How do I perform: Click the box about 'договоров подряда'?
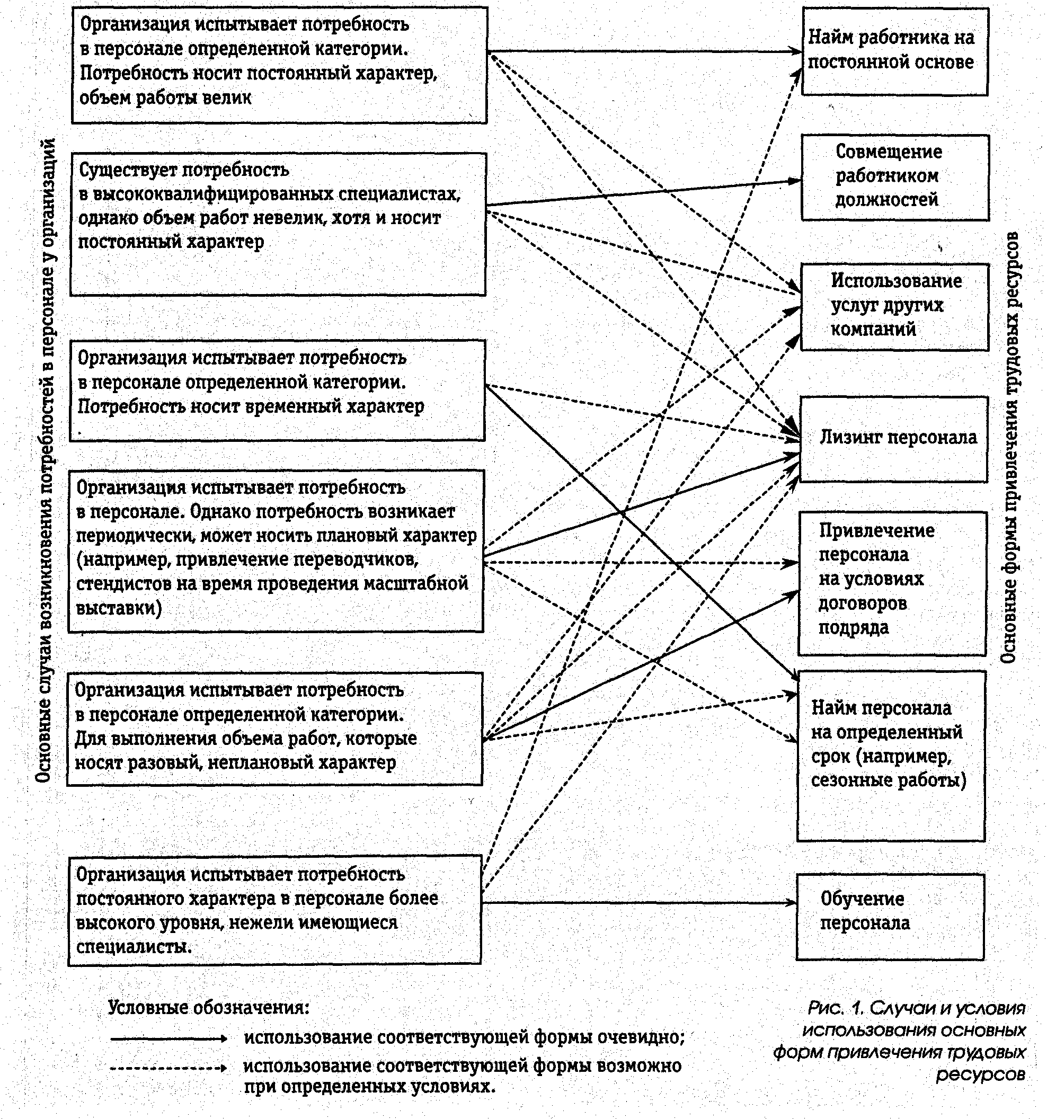(x=892, y=583)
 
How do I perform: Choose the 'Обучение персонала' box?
(x=890, y=917)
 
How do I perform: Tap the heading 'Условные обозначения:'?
(x=208, y=1007)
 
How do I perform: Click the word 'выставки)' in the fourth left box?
(x=119, y=608)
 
